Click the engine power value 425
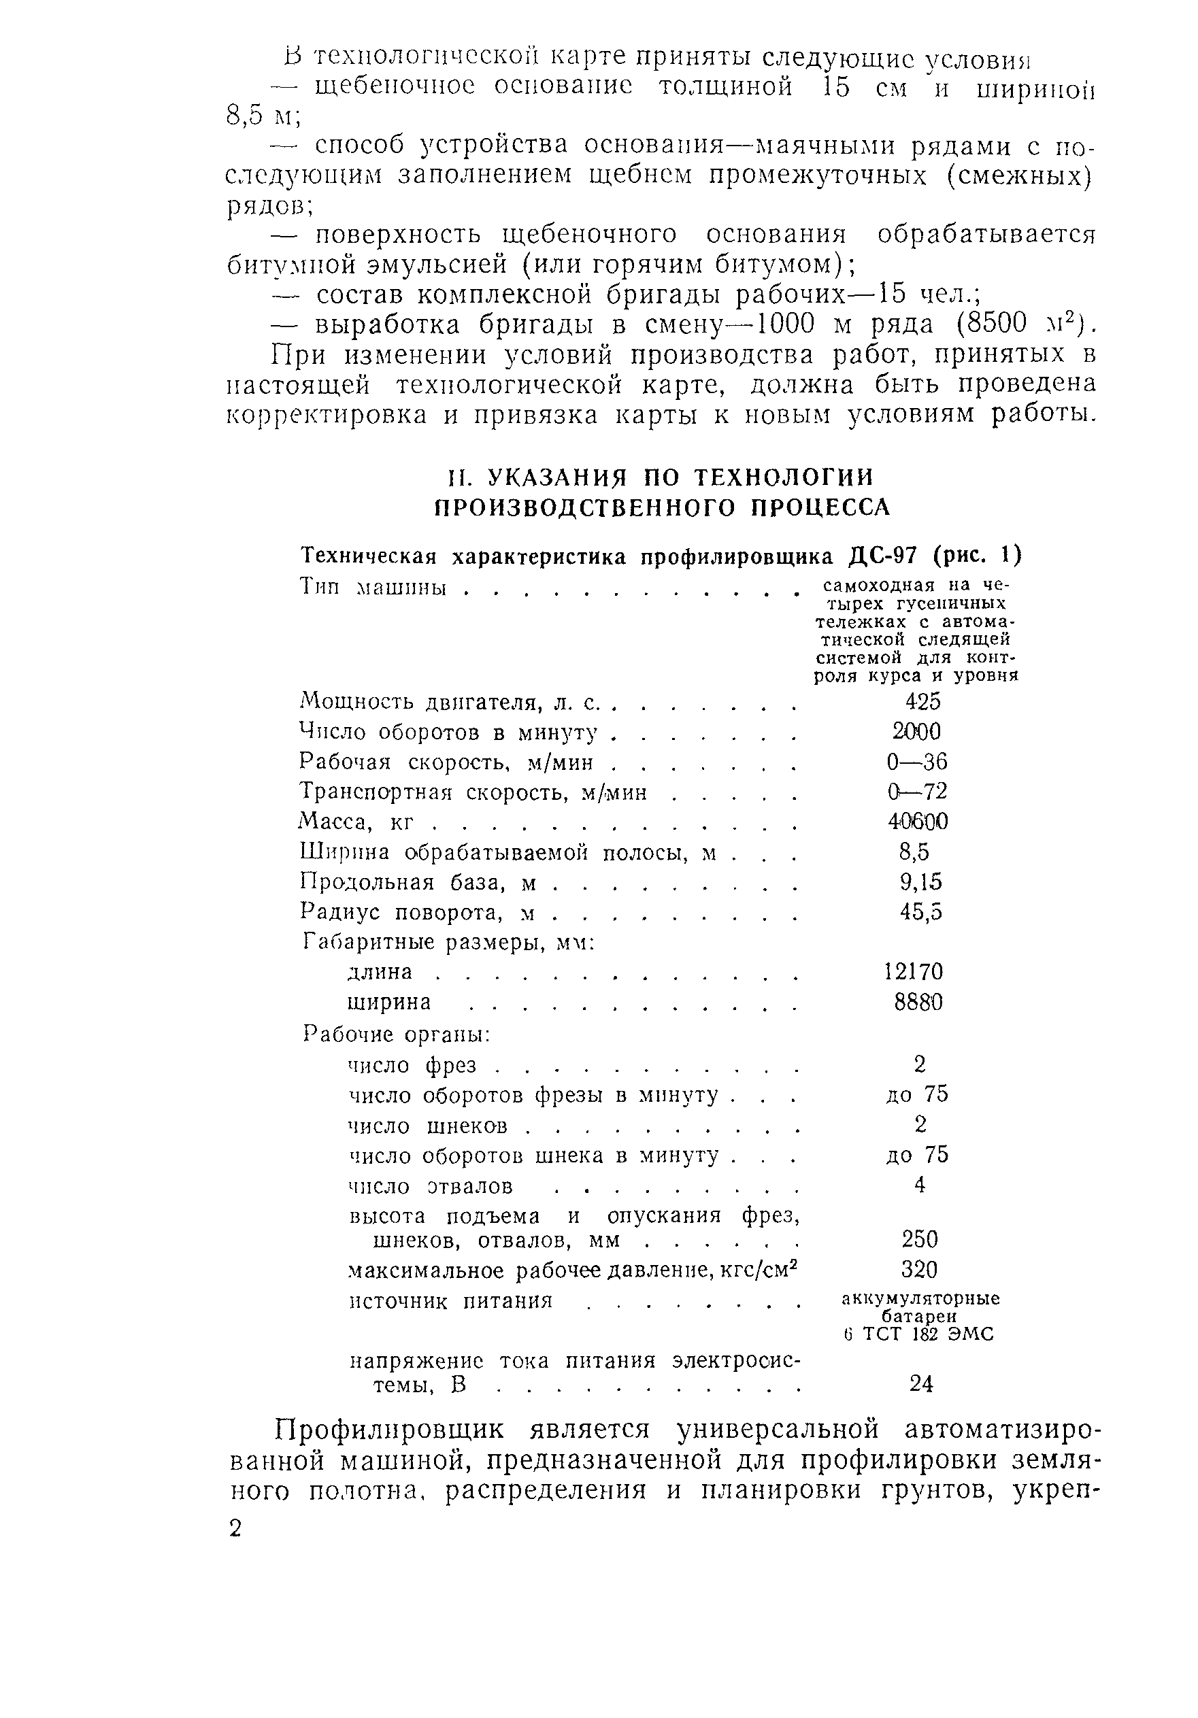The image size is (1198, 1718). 922,701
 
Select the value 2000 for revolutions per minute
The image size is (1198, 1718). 916,731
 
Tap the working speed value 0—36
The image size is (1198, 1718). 916,762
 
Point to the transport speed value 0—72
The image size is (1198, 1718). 916,791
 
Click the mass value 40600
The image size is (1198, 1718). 918,822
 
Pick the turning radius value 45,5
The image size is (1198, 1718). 921,911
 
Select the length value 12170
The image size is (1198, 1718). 913,971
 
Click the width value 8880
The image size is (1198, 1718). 918,1002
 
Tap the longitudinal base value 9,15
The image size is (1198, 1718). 920,881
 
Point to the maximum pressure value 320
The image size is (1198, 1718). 919,1269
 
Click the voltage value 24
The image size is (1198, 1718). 921,1384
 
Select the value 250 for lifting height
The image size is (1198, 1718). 920,1239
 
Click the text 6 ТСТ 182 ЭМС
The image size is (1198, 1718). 918,1334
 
